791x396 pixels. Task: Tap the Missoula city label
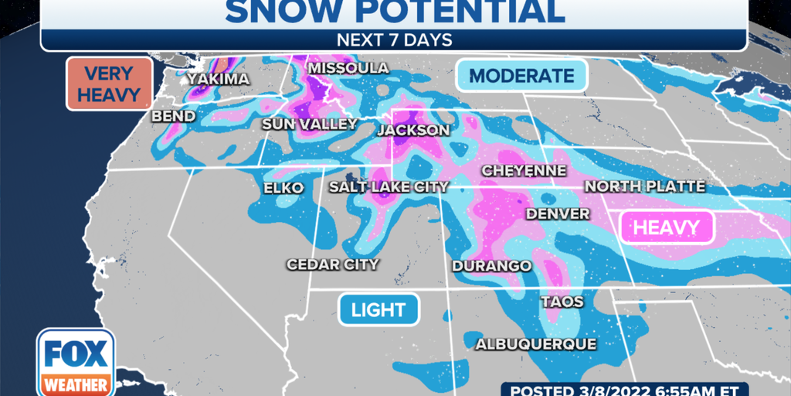coord(348,69)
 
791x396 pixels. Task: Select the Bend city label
coord(173,116)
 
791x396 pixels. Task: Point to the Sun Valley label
coord(309,125)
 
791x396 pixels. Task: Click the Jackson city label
coord(413,130)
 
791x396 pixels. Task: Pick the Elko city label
coord(283,188)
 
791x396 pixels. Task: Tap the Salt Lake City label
coord(389,186)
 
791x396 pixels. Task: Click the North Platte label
coord(644,186)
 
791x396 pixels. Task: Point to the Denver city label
coord(558,213)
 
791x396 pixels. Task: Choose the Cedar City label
coord(332,265)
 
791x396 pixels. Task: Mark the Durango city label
coord(492,266)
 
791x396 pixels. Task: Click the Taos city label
coord(562,302)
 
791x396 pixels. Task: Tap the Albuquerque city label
coord(536,344)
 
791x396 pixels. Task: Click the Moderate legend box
coord(522,76)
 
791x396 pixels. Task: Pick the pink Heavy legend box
coord(667,227)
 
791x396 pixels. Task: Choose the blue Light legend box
coord(379,310)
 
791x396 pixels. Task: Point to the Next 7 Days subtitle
coord(394,39)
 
